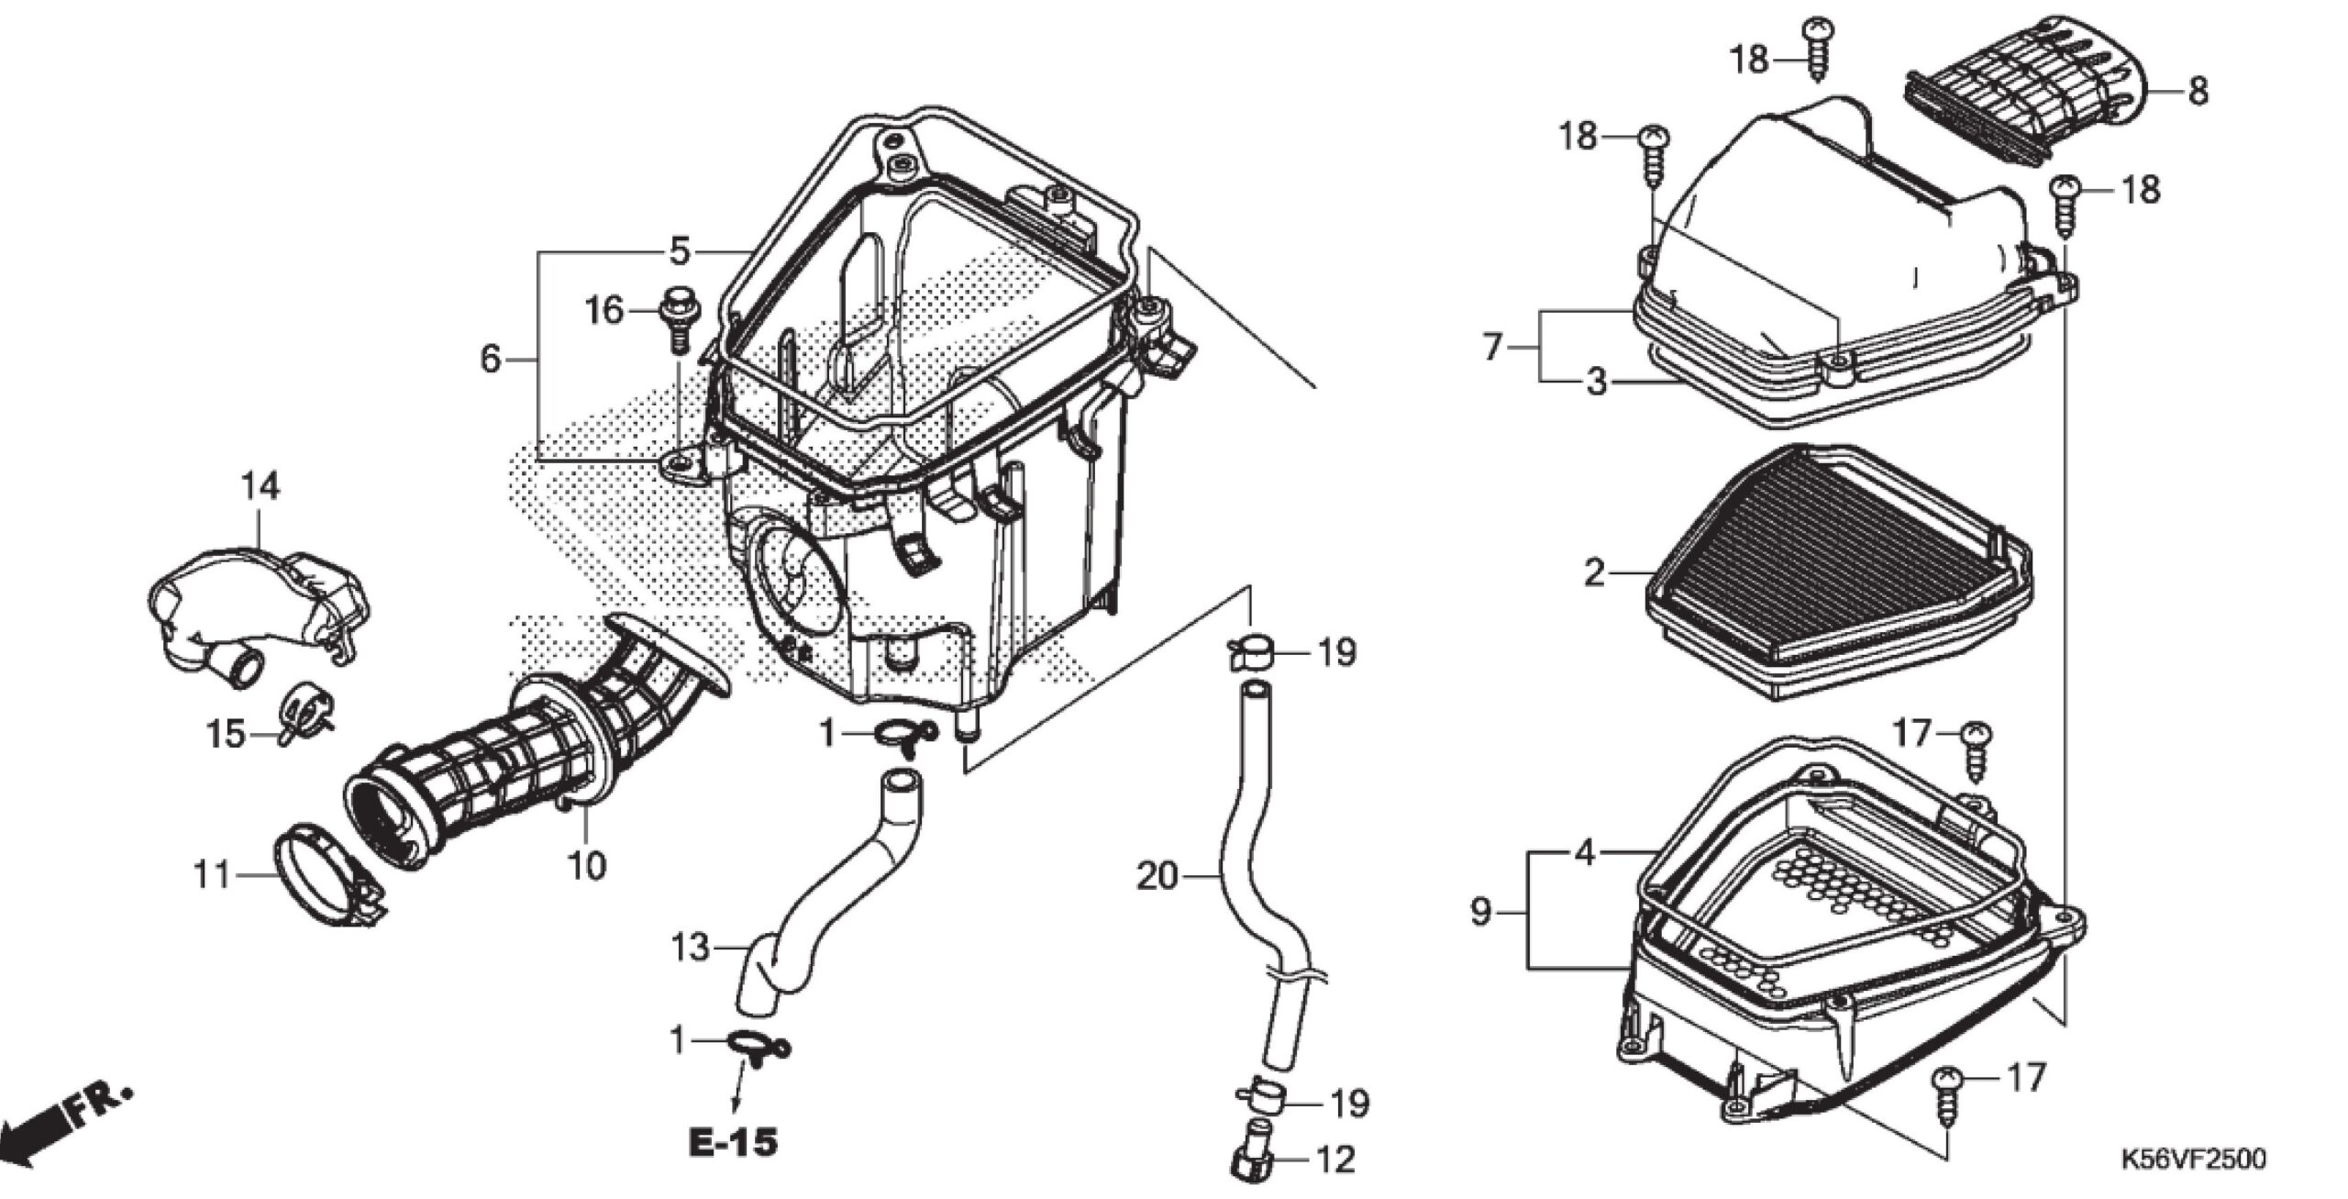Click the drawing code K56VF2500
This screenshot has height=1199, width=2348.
[2192, 1159]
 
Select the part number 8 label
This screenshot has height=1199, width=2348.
[2198, 92]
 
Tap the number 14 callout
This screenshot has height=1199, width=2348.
[261, 486]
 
